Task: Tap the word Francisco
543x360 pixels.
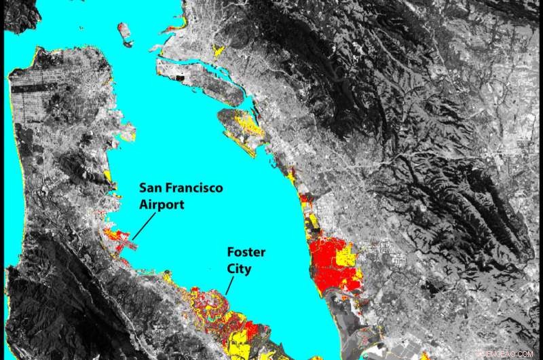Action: click(199, 187)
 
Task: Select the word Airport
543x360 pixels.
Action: click(162, 204)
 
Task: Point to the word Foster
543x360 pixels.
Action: click(246, 253)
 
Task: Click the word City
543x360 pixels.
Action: click(240, 269)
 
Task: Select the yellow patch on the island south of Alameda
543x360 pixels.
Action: click(243, 122)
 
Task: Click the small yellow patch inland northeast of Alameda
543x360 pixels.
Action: click(219, 51)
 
